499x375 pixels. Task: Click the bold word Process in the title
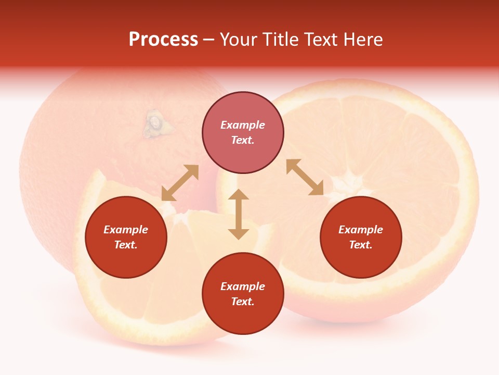(x=163, y=40)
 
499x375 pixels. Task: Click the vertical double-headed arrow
(x=239, y=214)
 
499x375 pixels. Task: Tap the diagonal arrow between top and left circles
(x=180, y=183)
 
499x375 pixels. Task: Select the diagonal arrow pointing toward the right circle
(x=305, y=177)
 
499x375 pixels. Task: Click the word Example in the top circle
(x=243, y=125)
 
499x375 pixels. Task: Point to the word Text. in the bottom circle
(x=243, y=302)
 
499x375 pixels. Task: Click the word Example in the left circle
(x=126, y=230)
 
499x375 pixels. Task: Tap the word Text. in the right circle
(x=361, y=245)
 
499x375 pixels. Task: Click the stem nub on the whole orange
(x=154, y=123)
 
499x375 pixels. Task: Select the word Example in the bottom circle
(x=243, y=286)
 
